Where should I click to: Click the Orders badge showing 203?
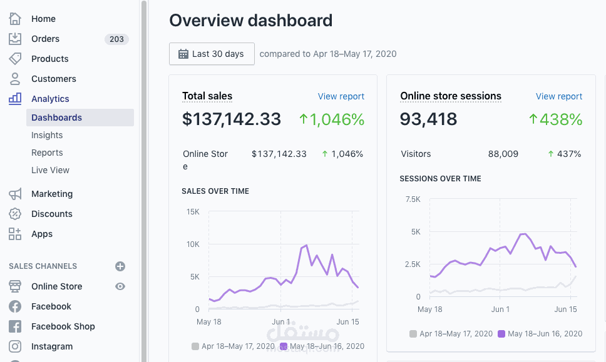pyautogui.click(x=116, y=39)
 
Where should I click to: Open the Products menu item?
pyautogui.click(x=49, y=59)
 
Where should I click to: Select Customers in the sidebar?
pyautogui.click(x=53, y=79)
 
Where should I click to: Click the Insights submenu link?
pyautogui.click(x=47, y=135)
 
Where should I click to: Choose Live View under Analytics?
pyautogui.click(x=50, y=170)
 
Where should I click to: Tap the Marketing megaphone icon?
pyautogui.click(x=15, y=194)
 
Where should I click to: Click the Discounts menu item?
pyautogui.click(x=51, y=214)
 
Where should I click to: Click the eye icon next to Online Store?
pyautogui.click(x=120, y=286)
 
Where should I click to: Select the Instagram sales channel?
pyautogui.click(x=51, y=346)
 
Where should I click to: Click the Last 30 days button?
pyautogui.click(x=212, y=54)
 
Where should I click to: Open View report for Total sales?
pyautogui.click(x=341, y=96)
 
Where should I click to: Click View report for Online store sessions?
pyautogui.click(x=558, y=96)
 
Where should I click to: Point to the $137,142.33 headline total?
pyautogui.click(x=232, y=119)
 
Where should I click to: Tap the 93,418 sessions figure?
pyautogui.click(x=428, y=119)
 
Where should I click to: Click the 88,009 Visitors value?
pyautogui.click(x=503, y=154)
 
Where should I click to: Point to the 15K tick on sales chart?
pyautogui.click(x=192, y=212)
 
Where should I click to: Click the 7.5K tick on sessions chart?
pyautogui.click(x=413, y=199)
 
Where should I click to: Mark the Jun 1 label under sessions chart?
pyautogui.click(x=500, y=309)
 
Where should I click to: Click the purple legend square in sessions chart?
pyautogui.click(x=501, y=334)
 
